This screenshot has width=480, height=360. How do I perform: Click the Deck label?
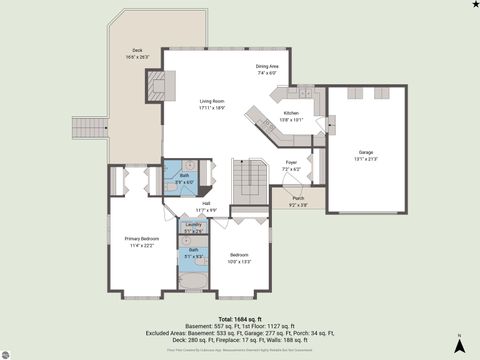pyautogui.click(x=137, y=50)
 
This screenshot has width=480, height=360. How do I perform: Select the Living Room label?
pyautogui.click(x=211, y=101)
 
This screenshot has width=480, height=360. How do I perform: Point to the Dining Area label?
pyautogui.click(x=268, y=67)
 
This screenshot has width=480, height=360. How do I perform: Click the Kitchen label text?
pyautogui.click(x=291, y=114)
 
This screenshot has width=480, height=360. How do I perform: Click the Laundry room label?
pyautogui.click(x=193, y=225)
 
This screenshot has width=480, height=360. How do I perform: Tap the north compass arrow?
pyautogui.click(x=459, y=344)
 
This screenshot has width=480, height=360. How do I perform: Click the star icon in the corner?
pyautogui.click(x=474, y=5)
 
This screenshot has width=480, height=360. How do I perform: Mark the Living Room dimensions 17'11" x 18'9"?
pyautogui.click(x=211, y=107)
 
